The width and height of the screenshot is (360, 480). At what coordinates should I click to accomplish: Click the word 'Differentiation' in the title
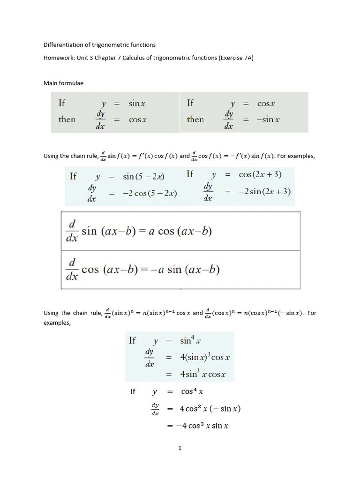pyautogui.click(x=63, y=45)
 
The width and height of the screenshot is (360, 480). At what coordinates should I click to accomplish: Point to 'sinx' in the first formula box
pyautogui.click(x=137, y=104)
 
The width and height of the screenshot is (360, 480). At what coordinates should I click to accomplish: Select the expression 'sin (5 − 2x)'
pyautogui.click(x=143, y=176)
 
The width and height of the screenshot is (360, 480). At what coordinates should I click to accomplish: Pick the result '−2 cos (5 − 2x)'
pyautogui.click(x=150, y=193)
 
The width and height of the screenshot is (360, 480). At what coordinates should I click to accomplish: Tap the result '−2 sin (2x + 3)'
pyautogui.click(x=264, y=191)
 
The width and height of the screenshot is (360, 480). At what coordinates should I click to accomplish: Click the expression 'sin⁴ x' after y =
pyautogui.click(x=190, y=341)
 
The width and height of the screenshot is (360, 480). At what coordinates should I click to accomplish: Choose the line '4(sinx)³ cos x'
pyautogui.click(x=204, y=357)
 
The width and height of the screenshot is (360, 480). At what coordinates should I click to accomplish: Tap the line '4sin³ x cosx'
pyautogui.click(x=202, y=374)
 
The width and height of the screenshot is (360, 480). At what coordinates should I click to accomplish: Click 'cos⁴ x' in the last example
pyautogui.click(x=192, y=391)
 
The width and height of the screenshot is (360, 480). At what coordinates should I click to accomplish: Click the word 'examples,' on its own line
pyautogui.click(x=57, y=322)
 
